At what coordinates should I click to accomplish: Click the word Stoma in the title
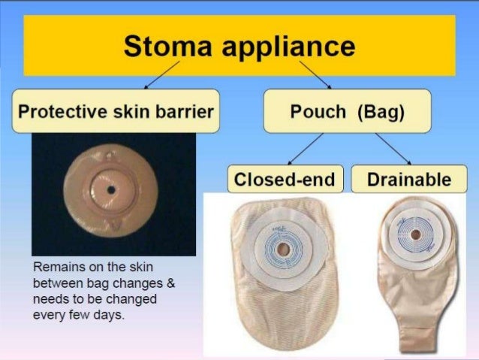161,47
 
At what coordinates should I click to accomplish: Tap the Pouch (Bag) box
347,111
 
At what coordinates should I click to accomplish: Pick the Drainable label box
409,180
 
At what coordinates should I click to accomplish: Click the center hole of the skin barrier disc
111,189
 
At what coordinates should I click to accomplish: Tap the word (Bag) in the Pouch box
381,112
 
